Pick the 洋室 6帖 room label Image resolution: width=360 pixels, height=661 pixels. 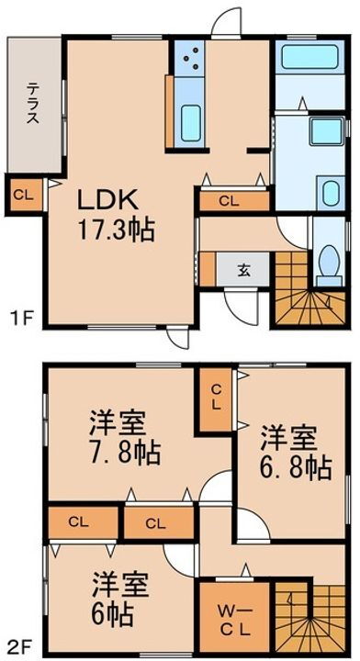coord(119,596)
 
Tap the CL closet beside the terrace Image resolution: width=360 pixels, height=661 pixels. coord(25,195)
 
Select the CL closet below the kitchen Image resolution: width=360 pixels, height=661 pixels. coord(230,201)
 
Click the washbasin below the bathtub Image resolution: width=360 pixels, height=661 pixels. coord(330,194)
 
